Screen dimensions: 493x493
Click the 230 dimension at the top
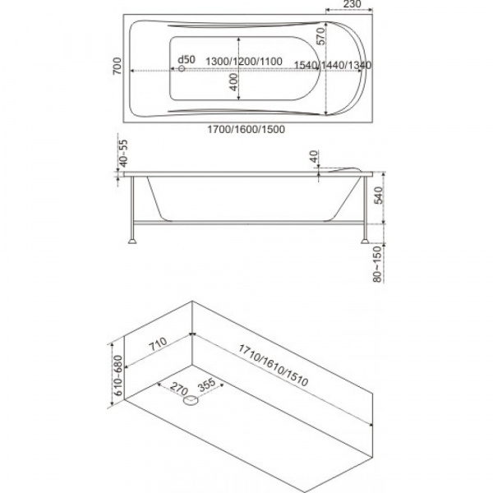coord(352,4)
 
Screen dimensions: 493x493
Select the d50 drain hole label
coord(187,59)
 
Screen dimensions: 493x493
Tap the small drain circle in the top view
coord(182,68)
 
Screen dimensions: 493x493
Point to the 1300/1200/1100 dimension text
coord(244,62)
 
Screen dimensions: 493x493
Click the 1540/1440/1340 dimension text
coord(333,65)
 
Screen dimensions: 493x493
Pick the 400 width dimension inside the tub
coord(233,82)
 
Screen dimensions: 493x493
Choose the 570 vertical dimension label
coord(320,36)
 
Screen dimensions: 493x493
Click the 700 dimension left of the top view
coord(117,66)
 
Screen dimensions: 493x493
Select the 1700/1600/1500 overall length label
coord(246,129)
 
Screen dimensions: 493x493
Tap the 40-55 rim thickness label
coord(124,153)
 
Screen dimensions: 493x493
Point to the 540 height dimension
coord(379,196)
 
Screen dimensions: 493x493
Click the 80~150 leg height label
coord(377,264)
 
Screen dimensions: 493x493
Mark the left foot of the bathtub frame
coord(132,241)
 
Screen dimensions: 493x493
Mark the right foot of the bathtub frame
coord(365,241)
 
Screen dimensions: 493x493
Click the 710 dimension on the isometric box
coord(158,344)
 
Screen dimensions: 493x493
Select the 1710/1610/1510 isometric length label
coord(274,365)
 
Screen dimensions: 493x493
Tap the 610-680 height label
coord(117,376)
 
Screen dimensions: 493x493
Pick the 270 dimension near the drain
coord(179,389)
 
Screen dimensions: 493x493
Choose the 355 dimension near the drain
coord(207,385)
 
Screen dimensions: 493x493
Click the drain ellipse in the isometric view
coord(191,400)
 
